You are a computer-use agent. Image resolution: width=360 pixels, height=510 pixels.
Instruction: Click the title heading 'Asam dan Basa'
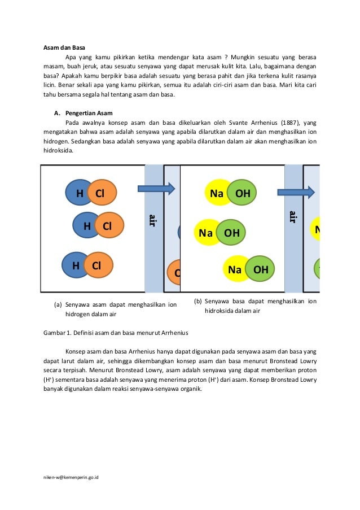coord(64,47)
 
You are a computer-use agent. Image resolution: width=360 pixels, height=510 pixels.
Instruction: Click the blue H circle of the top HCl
coord(80,193)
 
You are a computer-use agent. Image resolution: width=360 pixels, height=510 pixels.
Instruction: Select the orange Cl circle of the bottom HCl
coord(97,265)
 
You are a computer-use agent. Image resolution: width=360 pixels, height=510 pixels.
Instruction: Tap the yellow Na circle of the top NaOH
coord(217,193)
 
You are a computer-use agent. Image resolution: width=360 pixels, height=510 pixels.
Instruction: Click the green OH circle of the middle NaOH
coord(232,233)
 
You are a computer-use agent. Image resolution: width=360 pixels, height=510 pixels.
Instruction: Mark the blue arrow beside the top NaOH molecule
coord(296,192)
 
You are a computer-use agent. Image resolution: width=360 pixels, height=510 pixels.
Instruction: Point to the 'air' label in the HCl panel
coord(152,220)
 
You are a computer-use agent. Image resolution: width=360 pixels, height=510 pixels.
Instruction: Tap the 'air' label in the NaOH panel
coord(293,217)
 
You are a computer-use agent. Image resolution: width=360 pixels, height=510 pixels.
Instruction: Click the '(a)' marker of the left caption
coord(58,304)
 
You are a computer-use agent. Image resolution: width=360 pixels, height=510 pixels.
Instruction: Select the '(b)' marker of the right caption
coord(197,301)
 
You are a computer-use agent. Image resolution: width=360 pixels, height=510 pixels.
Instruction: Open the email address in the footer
coord(71,477)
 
